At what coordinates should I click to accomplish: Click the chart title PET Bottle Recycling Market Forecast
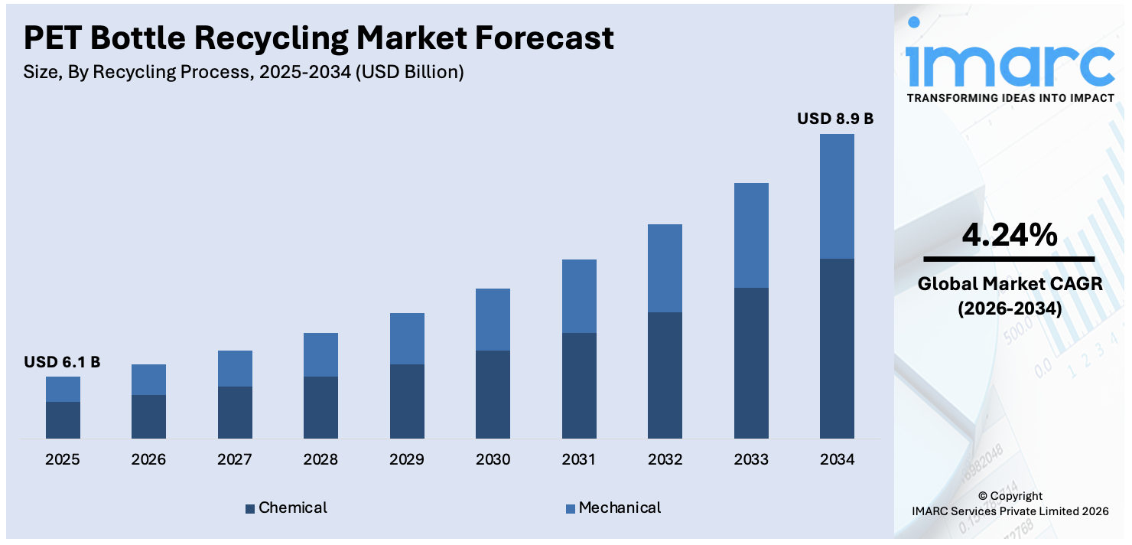319,38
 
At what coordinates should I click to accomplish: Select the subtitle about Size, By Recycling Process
244,73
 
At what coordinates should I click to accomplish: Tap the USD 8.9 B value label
835,119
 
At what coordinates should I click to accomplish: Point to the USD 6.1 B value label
62,362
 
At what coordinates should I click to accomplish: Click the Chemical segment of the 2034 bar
837,348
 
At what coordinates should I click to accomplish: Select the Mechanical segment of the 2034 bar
837,196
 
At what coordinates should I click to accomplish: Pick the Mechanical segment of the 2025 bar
63,389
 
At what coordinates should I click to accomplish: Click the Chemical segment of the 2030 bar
493,394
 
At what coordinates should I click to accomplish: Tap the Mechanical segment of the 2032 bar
665,268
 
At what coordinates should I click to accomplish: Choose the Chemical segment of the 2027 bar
235,412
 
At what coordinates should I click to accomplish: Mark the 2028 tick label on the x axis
320,460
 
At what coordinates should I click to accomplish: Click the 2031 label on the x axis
578,460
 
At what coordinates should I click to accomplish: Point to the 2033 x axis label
750,460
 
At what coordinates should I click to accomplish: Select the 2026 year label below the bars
148,460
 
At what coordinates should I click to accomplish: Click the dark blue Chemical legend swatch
250,508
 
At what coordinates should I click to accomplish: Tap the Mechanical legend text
620,507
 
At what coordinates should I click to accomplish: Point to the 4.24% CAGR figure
1010,234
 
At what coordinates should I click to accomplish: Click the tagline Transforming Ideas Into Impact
1010,98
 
